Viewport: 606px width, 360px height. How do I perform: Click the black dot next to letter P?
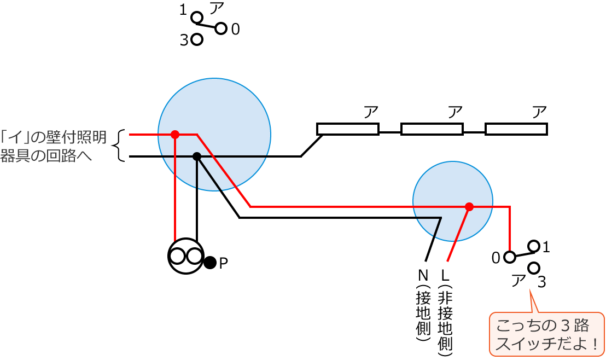coord(210,262)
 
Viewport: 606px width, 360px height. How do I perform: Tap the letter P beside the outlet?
coord(223,263)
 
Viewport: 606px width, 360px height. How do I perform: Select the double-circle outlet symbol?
coord(186,256)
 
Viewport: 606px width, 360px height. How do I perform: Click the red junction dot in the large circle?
coord(175,134)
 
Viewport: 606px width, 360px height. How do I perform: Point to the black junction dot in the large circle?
coord(197,156)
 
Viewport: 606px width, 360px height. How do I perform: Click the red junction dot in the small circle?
coord(469,207)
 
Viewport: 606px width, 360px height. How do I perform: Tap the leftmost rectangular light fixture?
coord(348,129)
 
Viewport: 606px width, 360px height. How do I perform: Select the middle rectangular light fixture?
coord(432,129)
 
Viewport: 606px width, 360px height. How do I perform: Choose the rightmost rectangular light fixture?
coord(516,129)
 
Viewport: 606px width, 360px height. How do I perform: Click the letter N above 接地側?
coord(423,274)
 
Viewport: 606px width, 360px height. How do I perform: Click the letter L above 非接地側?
coord(445,274)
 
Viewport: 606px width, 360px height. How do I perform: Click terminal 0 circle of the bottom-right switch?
coord(509,257)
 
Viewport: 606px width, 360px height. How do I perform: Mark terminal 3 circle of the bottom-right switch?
coord(534,268)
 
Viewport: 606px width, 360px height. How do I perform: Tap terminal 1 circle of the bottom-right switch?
coord(534,246)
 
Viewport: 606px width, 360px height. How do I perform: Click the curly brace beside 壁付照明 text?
coord(118,146)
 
